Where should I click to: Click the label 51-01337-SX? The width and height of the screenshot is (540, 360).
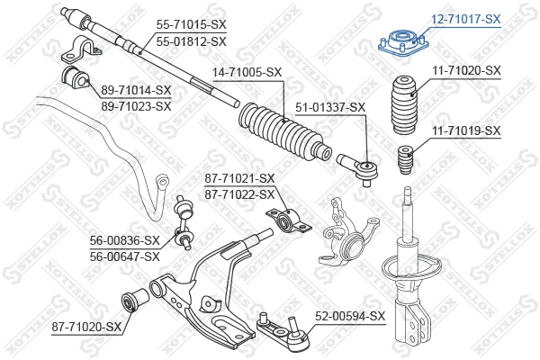(331, 107)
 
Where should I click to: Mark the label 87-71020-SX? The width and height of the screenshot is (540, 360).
(85, 326)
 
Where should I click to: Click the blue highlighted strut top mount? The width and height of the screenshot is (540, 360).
(401, 44)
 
